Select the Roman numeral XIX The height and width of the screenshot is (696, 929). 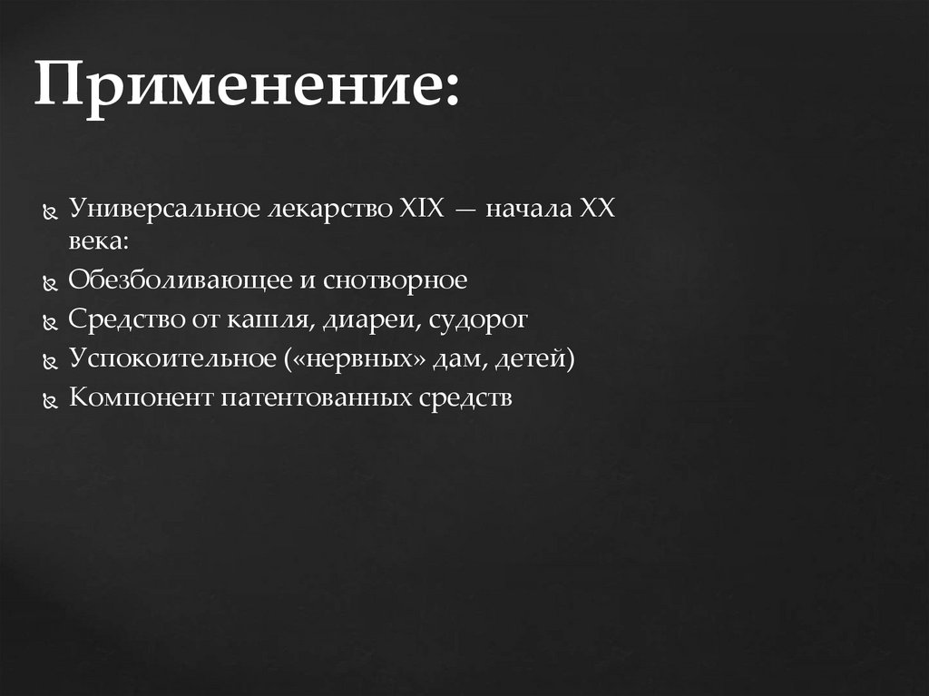[420, 210]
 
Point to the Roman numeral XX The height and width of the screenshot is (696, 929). [597, 210]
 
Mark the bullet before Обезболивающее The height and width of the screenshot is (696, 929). [51, 282]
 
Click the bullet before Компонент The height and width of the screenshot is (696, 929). [51, 400]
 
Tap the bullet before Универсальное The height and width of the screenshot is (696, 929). [51, 211]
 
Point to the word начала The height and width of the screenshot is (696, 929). [526, 210]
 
